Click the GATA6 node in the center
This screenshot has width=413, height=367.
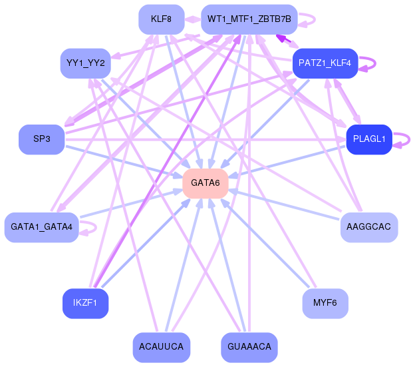206,183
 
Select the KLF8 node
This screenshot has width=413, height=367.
162,19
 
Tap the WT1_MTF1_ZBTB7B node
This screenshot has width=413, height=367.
249,19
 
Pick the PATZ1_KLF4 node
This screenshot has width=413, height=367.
325,63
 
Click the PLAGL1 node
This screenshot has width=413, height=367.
368,139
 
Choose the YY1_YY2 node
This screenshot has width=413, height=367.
84,63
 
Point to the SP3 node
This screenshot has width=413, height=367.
41,139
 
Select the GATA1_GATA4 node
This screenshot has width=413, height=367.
41,227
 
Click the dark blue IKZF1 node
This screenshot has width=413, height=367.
85,303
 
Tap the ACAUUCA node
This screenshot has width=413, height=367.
162,347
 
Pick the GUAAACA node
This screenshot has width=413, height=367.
248,347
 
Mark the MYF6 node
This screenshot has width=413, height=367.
325,303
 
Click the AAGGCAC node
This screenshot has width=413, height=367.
369,227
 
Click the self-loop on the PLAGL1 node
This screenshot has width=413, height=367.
402,139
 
